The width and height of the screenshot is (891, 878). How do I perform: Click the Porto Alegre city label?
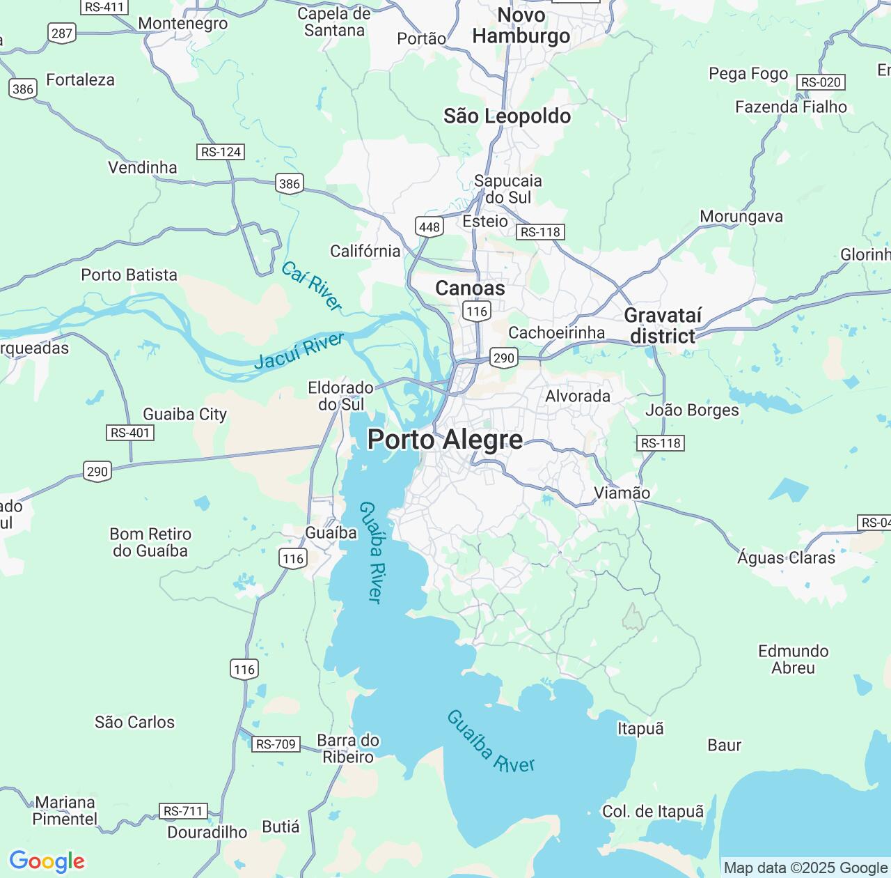pos(445,440)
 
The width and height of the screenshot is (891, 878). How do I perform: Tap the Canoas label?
pos(470,288)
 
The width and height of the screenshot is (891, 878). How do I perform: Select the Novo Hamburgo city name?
pos(521,26)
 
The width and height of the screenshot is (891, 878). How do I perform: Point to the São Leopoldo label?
pos(507,116)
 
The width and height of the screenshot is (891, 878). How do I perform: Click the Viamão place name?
pos(622,493)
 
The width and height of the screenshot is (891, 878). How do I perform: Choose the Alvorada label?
pos(578,396)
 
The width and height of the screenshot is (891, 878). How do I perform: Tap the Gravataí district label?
pos(662,325)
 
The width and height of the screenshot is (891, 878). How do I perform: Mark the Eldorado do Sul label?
pos(341,396)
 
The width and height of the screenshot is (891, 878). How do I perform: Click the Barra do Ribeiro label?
pos(348,748)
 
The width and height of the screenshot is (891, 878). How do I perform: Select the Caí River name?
pos(312,286)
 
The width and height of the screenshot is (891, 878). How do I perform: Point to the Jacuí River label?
pos(299,351)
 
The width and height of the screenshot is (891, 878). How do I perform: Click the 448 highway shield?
pos(429,226)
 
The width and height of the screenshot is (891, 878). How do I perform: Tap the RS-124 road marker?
pos(221,152)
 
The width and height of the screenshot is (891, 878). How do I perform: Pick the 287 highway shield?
pos(62,33)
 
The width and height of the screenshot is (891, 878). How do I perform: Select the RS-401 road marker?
pos(130,433)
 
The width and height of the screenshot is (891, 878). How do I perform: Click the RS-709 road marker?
pos(276,744)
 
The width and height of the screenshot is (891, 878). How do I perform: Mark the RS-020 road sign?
pos(821,82)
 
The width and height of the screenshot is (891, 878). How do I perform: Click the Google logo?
pos(47,861)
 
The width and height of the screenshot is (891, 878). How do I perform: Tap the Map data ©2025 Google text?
pos(805,868)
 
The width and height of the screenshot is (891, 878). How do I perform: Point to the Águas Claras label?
pos(786,557)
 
